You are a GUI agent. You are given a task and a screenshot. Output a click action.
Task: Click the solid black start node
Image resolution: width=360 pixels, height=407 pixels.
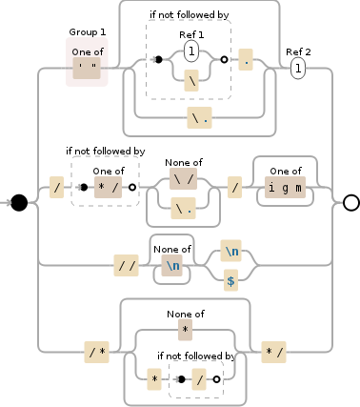(18, 202)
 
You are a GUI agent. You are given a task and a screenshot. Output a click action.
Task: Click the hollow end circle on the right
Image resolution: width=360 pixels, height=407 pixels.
(350, 202)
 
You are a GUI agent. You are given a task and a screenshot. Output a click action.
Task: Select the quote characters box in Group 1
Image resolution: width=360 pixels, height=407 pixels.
(87, 68)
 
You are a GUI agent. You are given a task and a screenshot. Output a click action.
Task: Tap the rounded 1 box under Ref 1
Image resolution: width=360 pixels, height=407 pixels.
(190, 51)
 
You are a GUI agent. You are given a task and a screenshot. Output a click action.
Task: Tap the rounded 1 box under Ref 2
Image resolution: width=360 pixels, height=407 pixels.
(298, 68)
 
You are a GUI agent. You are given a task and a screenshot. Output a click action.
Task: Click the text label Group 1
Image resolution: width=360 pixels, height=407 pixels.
(87, 32)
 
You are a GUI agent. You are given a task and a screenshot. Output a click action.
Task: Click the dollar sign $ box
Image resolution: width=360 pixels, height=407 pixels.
(230, 280)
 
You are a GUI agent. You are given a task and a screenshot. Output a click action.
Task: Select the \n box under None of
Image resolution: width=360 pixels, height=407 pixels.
(172, 266)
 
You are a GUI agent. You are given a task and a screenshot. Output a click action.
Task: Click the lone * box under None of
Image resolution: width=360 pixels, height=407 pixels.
(186, 329)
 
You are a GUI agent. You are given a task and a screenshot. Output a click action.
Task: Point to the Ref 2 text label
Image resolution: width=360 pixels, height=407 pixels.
(298, 51)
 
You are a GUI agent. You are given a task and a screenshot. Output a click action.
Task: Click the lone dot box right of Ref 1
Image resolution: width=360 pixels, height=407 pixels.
(246, 60)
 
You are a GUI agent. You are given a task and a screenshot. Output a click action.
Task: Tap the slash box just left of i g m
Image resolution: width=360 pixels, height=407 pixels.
(233, 188)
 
